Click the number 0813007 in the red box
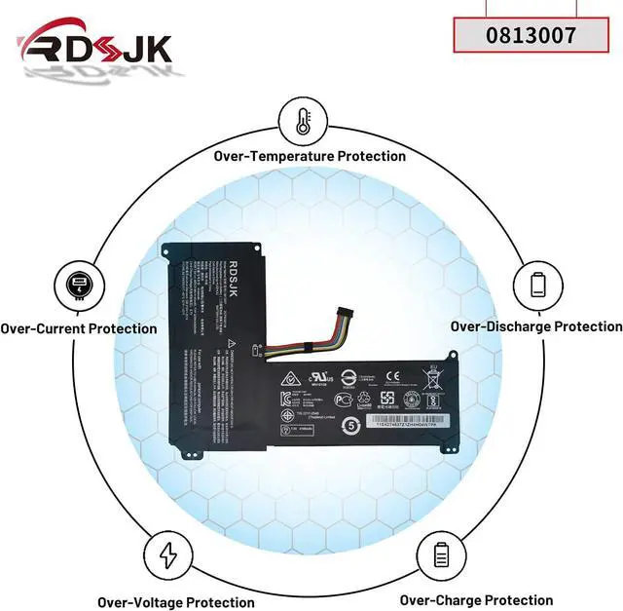pyautogui.click(x=530, y=35)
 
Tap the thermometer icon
pyautogui.click(x=302, y=122)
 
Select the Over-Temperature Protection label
pyautogui.click(x=311, y=156)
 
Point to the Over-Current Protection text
pyautogui.click(x=78, y=328)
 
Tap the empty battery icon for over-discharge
pyautogui.click(x=538, y=285)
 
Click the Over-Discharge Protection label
pyautogui.click(x=536, y=326)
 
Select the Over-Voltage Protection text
pyautogui.click(x=176, y=602)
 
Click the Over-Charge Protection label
pyautogui.click(x=476, y=600)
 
